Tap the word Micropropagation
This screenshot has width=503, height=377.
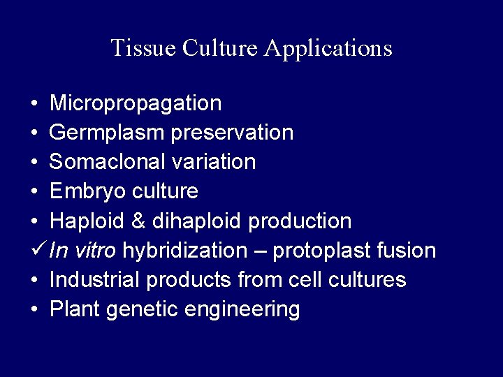pyautogui.click(x=136, y=104)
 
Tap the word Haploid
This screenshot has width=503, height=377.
pyautogui.click(x=85, y=221)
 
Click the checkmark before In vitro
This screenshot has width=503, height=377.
pyautogui.click(x=38, y=249)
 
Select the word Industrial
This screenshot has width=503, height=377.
pyautogui.click(x=95, y=280)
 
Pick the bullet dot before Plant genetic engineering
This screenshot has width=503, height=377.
pyautogui.click(x=35, y=310)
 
